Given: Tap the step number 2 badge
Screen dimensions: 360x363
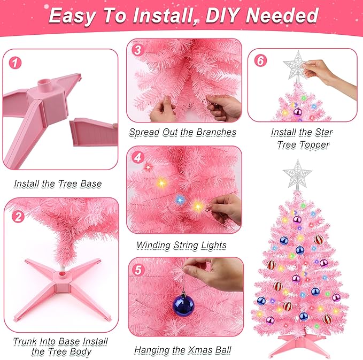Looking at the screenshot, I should (x=19, y=216).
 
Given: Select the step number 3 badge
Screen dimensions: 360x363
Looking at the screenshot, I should (x=138, y=50).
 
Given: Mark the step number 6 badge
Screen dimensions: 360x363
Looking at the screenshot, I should (x=260, y=60).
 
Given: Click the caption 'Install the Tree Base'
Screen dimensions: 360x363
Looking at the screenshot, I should (x=58, y=183).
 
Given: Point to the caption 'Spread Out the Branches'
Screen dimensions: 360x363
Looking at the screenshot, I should (x=182, y=132).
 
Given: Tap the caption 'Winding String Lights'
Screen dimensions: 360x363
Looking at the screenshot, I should (x=181, y=245).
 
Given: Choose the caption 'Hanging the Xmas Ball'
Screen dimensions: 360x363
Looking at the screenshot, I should (x=182, y=350).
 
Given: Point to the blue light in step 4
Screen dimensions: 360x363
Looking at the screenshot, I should (x=180, y=199).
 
